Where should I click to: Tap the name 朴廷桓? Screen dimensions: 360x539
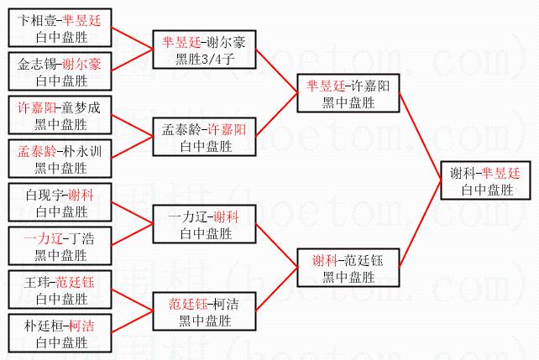coord(39,327)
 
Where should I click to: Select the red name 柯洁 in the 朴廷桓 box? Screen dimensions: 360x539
coord(81,327)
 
